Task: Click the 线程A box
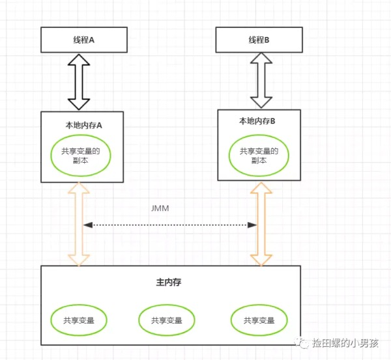(x=84, y=40)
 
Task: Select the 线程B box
(x=259, y=40)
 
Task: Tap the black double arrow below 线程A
(x=83, y=81)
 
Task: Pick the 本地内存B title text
(x=257, y=121)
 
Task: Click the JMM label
(x=160, y=208)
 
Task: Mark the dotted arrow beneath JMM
(x=169, y=225)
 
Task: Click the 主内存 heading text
(x=168, y=283)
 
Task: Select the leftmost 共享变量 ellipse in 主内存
(x=78, y=320)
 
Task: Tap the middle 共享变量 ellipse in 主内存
(x=167, y=320)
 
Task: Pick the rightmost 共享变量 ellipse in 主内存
(x=259, y=320)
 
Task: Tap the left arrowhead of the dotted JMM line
(x=87, y=225)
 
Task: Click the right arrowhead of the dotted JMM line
(x=253, y=225)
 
